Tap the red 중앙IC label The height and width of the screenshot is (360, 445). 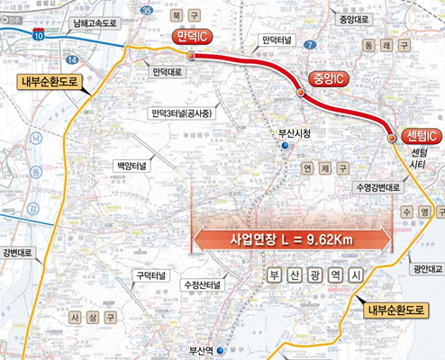coord(328,79)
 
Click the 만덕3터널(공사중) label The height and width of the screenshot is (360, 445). coord(181,112)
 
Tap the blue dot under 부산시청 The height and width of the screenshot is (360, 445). coord(286,145)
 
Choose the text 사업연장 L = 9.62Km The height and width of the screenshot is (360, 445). coord(293,240)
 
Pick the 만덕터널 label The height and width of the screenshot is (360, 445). coord(276,40)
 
